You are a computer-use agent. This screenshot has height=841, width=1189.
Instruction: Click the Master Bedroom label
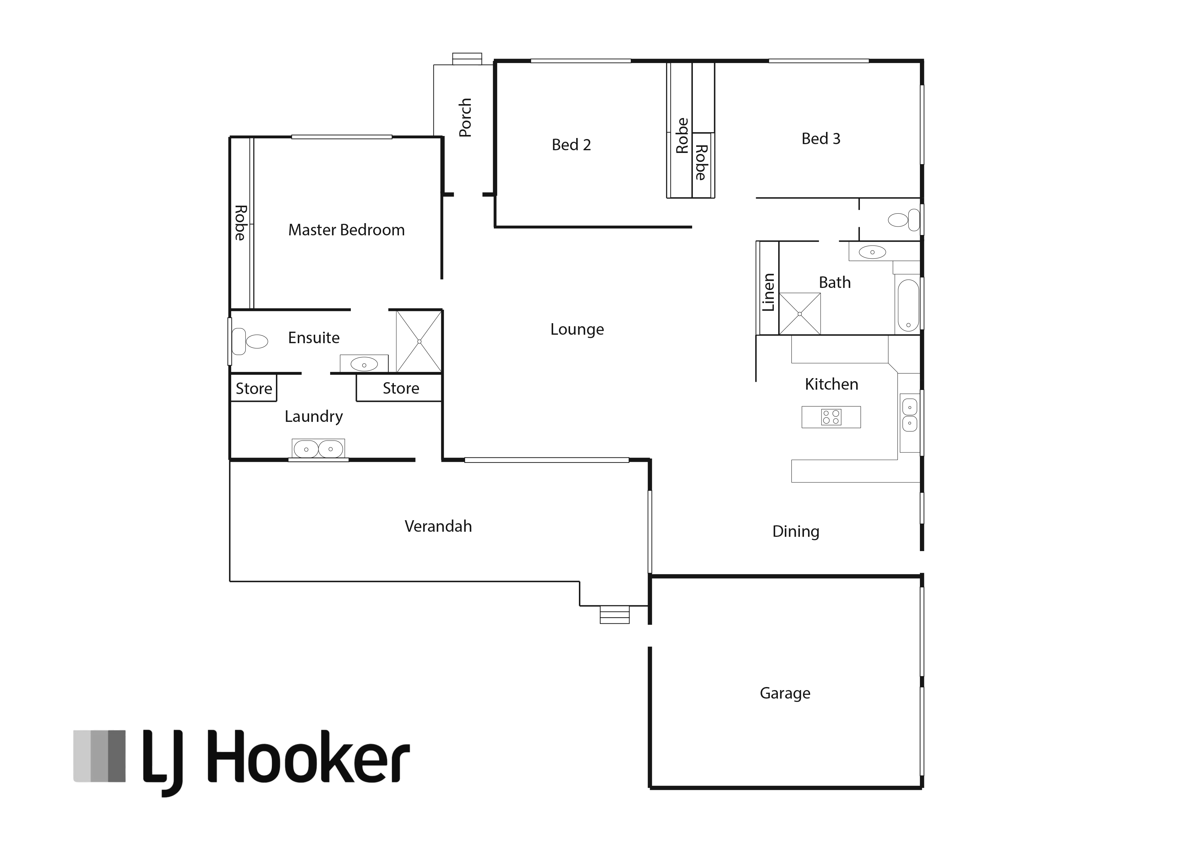(346, 230)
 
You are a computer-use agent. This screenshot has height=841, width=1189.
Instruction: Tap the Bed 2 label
(571, 144)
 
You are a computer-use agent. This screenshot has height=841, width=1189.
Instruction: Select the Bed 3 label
(821, 138)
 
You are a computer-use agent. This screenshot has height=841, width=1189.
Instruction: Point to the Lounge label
(577, 330)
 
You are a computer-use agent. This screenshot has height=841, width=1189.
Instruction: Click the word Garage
(785, 693)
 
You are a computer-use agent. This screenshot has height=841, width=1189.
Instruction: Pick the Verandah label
(438, 526)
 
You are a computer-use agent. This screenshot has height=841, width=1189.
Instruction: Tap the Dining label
(795, 532)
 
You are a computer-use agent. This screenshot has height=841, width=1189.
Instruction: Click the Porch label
(465, 118)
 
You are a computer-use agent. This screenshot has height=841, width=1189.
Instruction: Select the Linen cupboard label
(768, 292)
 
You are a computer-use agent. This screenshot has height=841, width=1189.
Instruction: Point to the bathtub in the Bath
(908, 305)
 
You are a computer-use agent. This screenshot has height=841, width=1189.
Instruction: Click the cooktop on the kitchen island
(831, 417)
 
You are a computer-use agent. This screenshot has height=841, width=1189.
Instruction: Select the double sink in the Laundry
(318, 449)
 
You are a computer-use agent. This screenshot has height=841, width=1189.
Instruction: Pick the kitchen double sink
(910, 415)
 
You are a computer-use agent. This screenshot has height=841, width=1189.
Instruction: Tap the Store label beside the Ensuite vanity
(401, 388)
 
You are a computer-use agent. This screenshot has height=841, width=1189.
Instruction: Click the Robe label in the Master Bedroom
(240, 223)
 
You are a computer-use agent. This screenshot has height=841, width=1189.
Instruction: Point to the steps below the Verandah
(615, 614)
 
